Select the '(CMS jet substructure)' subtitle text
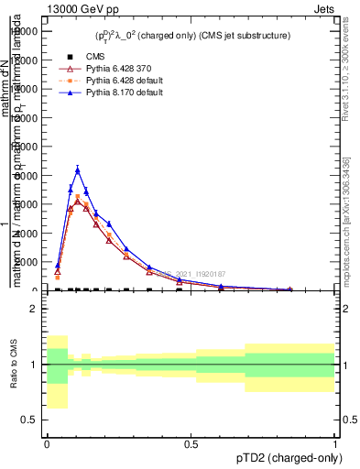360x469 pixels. point(241,36)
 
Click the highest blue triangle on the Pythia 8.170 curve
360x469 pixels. point(78,169)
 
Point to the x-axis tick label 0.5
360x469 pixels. point(191,444)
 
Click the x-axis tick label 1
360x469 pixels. point(336,444)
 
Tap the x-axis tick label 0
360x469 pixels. point(47,444)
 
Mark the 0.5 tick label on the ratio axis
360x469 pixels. point(29,420)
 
